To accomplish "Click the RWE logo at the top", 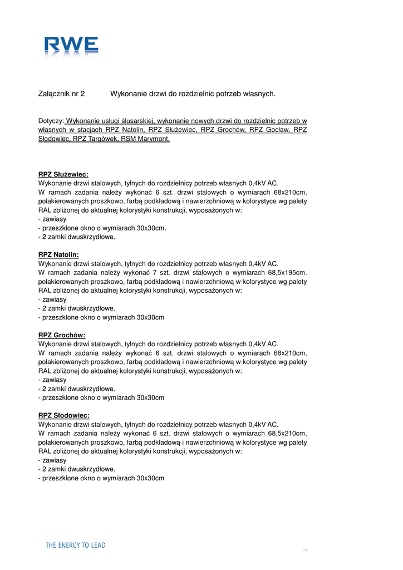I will click(72, 46).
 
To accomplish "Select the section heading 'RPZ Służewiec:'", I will click(63, 174).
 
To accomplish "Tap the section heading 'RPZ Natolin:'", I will click(58, 255).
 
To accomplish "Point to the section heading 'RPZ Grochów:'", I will click(62, 335).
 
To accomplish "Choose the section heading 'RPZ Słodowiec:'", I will click(63, 415).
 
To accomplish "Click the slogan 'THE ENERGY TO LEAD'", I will click(75, 546).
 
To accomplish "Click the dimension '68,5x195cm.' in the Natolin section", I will click(287, 273).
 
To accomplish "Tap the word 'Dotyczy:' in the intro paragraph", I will click(51, 121).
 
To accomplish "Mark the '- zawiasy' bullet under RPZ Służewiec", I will click(52, 219).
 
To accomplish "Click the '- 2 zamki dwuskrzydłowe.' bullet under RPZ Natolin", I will click(77, 308).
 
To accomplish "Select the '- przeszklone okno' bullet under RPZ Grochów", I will click(101, 397).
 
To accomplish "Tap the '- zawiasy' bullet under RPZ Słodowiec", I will click(52, 460).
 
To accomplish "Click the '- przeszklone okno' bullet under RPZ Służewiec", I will click(102, 228).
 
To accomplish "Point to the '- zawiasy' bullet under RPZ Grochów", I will click(52, 380).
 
